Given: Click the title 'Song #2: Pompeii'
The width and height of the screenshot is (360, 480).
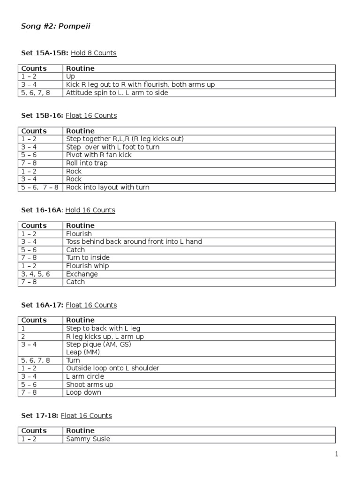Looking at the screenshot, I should point(56,26).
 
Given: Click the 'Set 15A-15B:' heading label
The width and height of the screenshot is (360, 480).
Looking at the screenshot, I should point(45,53).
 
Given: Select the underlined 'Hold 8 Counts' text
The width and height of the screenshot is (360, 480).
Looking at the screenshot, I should point(93,53).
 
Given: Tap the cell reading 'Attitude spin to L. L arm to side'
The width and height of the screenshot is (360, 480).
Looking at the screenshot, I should point(117,93).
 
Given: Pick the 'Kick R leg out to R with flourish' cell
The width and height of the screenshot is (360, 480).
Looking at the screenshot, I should point(140,85).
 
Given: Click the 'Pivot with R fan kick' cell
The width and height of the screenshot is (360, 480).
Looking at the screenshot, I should point(98,155).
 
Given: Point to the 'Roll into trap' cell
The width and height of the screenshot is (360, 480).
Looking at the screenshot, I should point(87,163).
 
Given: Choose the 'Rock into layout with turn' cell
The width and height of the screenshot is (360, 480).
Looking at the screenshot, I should point(108,187).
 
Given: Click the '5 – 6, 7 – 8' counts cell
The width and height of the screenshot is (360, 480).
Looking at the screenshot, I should point(40,187).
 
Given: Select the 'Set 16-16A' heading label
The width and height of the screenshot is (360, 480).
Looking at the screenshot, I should point(41,210).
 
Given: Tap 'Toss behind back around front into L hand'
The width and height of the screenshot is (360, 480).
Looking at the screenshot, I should point(134,242).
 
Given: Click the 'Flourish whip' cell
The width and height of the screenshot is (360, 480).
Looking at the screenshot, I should point(87,266).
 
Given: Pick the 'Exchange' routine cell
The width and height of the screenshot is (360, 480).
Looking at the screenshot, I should point(82,274).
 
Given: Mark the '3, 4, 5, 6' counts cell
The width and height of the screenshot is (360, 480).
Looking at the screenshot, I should point(36,274).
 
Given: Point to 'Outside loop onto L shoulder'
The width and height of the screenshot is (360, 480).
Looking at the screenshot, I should point(112,368).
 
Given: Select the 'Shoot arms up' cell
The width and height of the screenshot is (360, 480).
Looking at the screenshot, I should point(90,384).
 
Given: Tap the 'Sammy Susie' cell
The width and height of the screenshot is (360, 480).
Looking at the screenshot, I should point(88,439).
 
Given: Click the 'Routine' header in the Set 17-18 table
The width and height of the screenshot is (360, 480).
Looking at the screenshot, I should point(80,431).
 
